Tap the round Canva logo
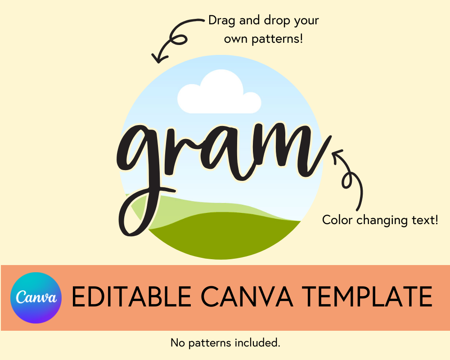pyautogui.click(x=36, y=298)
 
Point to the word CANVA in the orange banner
pyautogui.click(x=247, y=297)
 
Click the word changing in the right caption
pyautogui.click(x=382, y=221)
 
